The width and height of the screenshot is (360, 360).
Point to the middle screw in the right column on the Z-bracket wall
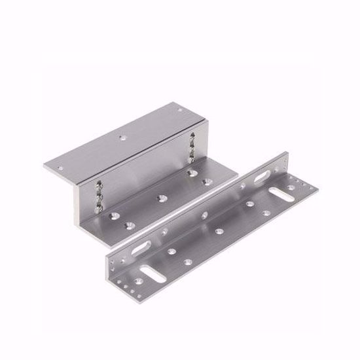tap(194, 147)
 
